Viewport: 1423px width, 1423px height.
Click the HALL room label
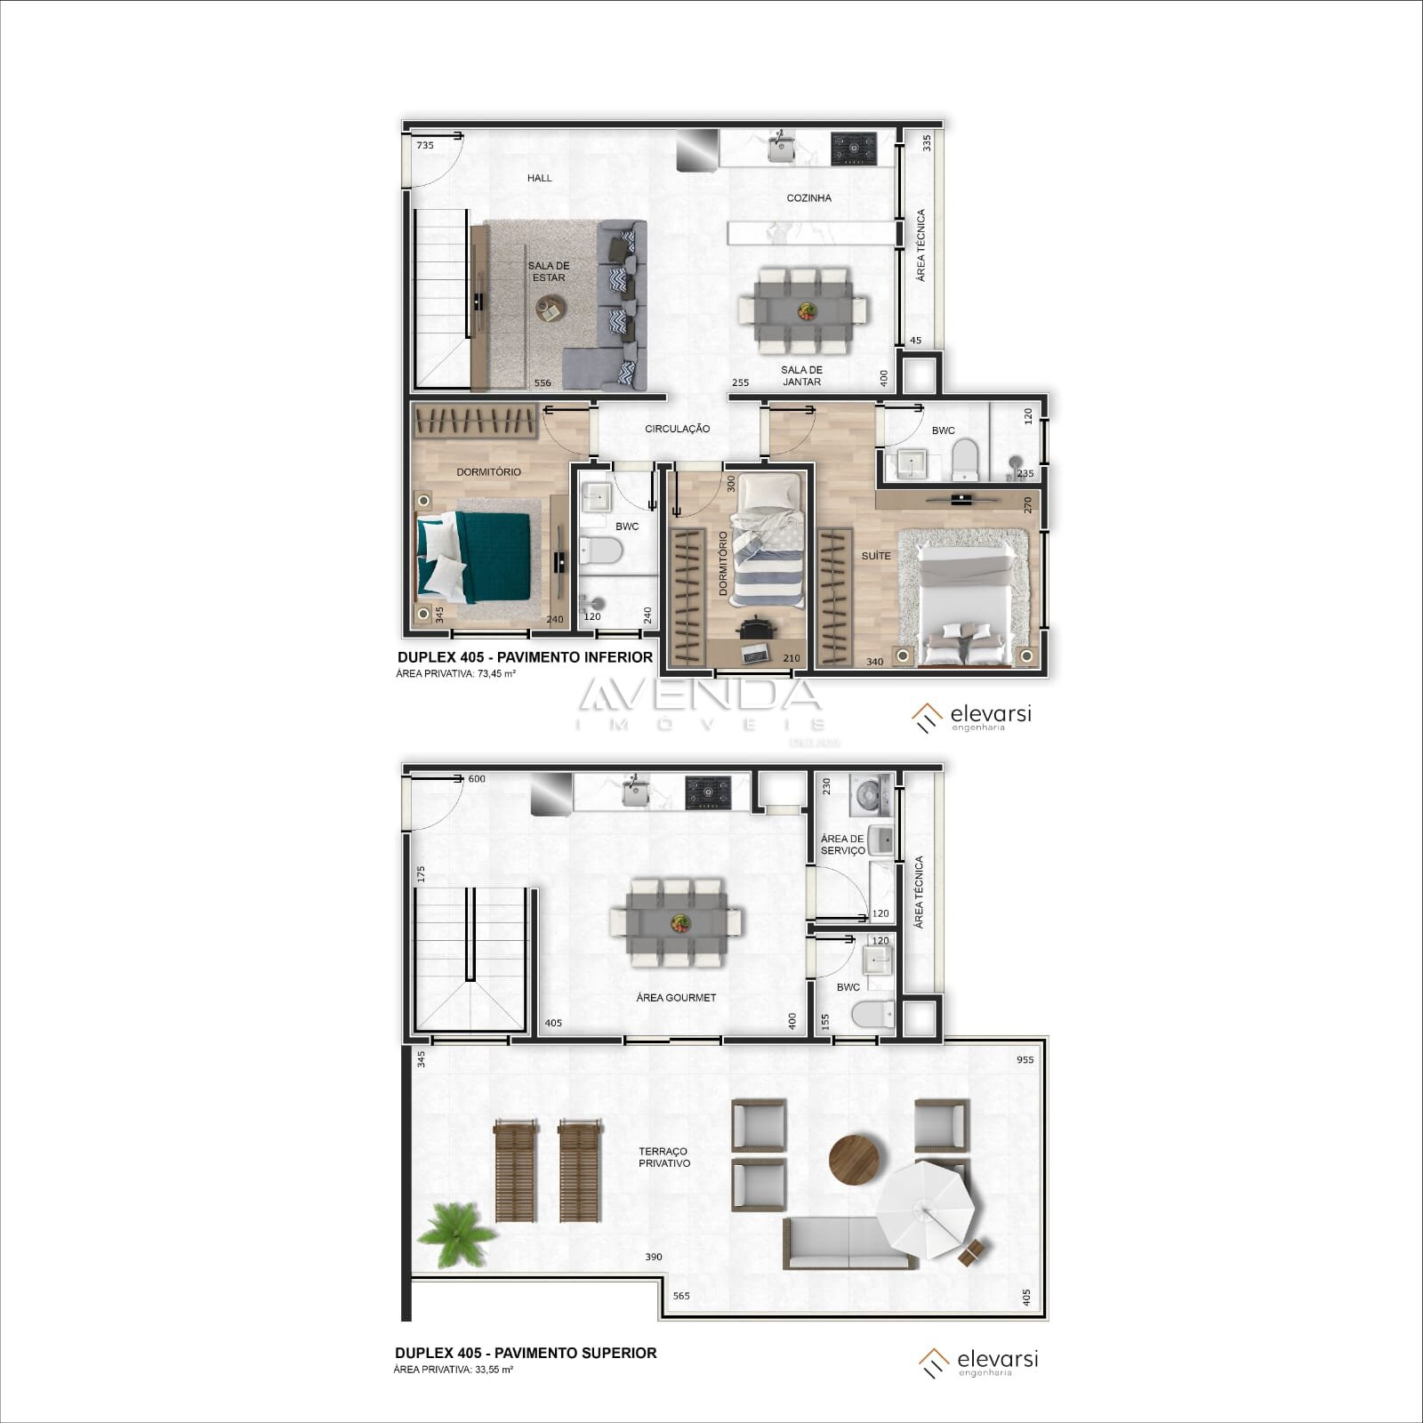(x=539, y=178)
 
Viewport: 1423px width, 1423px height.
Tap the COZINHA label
(x=808, y=198)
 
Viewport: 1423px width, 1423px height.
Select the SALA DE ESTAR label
(x=549, y=271)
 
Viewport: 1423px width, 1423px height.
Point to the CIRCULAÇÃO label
(x=678, y=429)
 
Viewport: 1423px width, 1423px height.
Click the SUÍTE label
(x=876, y=556)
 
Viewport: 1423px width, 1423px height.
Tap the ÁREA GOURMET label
(x=676, y=998)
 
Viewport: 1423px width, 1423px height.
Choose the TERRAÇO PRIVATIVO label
(x=663, y=1157)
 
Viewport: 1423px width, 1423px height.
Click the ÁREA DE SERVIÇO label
(x=842, y=845)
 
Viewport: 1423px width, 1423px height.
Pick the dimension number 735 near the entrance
(x=425, y=145)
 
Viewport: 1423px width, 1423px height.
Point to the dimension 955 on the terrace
(x=1025, y=1060)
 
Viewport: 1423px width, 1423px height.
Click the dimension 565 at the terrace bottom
(x=681, y=1296)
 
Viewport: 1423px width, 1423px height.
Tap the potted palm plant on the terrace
(x=456, y=1234)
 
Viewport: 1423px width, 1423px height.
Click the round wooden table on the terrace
(x=854, y=1159)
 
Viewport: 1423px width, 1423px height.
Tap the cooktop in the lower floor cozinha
(x=854, y=149)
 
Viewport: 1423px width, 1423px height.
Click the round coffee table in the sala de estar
(x=550, y=310)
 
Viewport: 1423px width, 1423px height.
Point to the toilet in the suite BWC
(x=965, y=461)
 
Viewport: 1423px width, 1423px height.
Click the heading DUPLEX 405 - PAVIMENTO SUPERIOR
(x=526, y=1353)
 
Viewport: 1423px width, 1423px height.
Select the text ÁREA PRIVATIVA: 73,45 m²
(x=456, y=674)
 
